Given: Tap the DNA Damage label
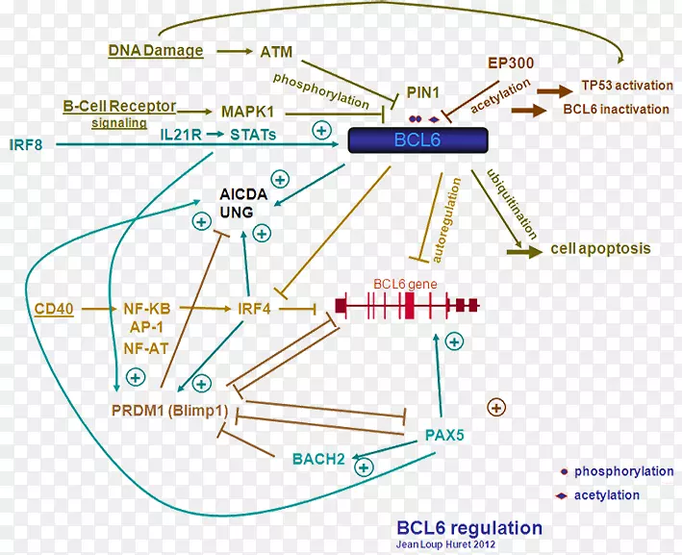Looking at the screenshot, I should (156, 50).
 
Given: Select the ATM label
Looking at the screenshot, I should (277, 51).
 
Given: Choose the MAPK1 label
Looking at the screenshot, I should (249, 112).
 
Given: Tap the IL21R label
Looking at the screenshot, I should (182, 136).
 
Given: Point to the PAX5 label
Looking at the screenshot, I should (444, 435).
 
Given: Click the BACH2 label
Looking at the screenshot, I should (318, 459).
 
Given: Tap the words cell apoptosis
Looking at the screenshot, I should (600, 249).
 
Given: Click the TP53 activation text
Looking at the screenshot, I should (626, 84).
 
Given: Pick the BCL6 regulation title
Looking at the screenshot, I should (469, 527).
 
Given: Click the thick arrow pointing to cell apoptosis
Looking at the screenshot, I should (523, 251).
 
